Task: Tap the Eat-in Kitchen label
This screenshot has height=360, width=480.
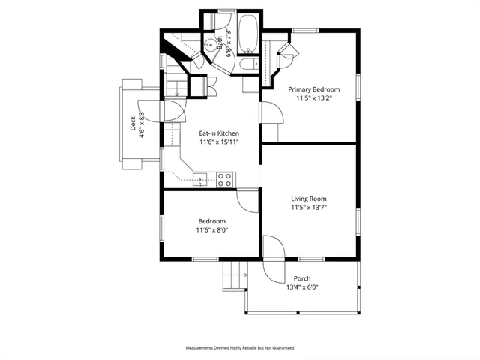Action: pos(219,133)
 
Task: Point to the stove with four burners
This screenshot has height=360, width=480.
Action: pos(224,178)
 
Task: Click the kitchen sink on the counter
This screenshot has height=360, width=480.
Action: pos(200,178)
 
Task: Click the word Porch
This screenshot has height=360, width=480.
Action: pos(302,278)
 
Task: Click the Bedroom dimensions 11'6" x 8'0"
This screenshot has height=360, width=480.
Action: pos(212,230)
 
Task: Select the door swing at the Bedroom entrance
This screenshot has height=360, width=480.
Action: pos(248,199)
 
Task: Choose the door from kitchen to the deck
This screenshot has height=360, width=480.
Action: pos(169,112)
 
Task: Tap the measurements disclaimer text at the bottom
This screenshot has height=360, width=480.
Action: pos(240,348)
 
